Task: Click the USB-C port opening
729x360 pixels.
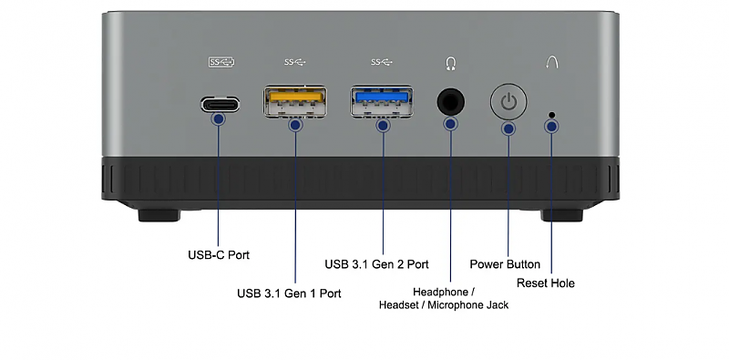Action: coord(220,104)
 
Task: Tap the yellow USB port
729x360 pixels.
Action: coord(295,101)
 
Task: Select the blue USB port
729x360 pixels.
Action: coord(382,100)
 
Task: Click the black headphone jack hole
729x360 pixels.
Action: coord(450,102)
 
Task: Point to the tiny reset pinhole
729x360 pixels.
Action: coord(552,115)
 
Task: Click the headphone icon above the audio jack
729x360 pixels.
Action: coord(450,63)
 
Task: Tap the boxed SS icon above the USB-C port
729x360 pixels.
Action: coord(221,62)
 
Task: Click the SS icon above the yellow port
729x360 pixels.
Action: coord(295,62)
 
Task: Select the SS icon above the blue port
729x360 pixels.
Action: coord(382,62)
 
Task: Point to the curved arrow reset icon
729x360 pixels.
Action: coord(552,63)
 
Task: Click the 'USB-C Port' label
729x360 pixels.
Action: coord(219,255)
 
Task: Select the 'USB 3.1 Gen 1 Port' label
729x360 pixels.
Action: coord(289,293)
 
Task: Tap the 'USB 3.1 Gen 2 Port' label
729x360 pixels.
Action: coord(376,264)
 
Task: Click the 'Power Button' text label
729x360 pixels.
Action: coord(505,264)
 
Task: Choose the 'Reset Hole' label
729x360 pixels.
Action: coord(545,283)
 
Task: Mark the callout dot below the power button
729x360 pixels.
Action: coord(509,129)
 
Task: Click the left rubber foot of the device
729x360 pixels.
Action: coord(159,215)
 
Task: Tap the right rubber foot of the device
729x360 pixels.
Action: coord(561,215)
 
